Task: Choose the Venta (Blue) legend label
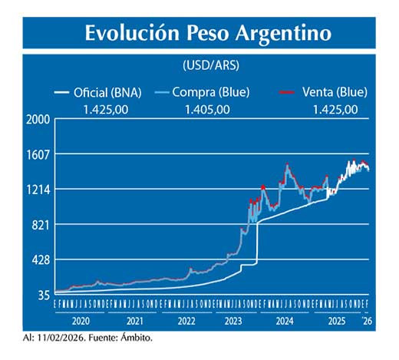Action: click(x=335, y=92)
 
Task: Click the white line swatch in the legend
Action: click(x=67, y=93)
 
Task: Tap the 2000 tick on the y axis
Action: click(x=38, y=120)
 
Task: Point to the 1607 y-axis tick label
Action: click(x=38, y=154)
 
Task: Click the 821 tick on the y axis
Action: click(x=41, y=225)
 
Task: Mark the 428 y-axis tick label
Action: click(x=41, y=260)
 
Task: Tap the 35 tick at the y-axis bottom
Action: click(x=44, y=295)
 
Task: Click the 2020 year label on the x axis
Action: click(x=81, y=321)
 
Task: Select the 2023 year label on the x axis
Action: click(x=234, y=321)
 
